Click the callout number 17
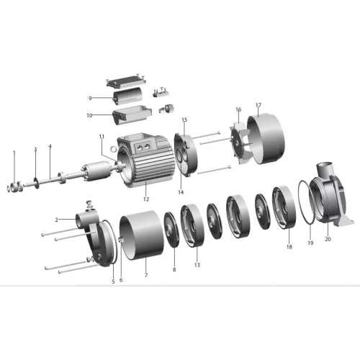[258, 105]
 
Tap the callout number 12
[146, 199]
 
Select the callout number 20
[328, 239]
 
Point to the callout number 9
[90, 98]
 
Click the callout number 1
[14, 152]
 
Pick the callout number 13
[197, 265]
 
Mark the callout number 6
[121, 280]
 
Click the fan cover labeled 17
[266, 139]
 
